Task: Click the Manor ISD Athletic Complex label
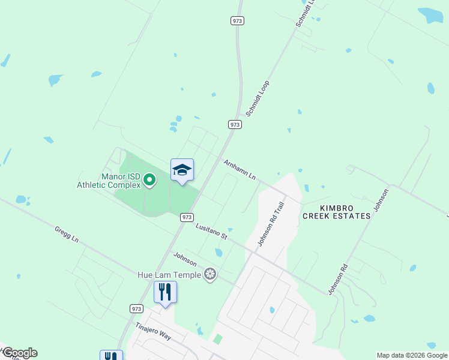pos(108,181)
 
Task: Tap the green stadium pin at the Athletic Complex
pos(149,180)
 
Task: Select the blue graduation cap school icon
pos(182,170)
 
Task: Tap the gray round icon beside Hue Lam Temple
pos(210,275)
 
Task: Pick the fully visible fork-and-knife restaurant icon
pos(165,292)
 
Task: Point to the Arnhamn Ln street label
pos(240,170)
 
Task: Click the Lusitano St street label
pos(211,231)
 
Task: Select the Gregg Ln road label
pos(67,234)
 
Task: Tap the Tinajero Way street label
pos(154,332)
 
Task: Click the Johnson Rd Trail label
pos(271,223)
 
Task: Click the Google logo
pos(19,353)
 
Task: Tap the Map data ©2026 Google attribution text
pos(412,355)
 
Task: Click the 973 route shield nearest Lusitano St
pos(187,217)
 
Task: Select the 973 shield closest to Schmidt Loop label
pos(235,124)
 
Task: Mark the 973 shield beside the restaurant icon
pos(137,308)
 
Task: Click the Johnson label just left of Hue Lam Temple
pos(185,259)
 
